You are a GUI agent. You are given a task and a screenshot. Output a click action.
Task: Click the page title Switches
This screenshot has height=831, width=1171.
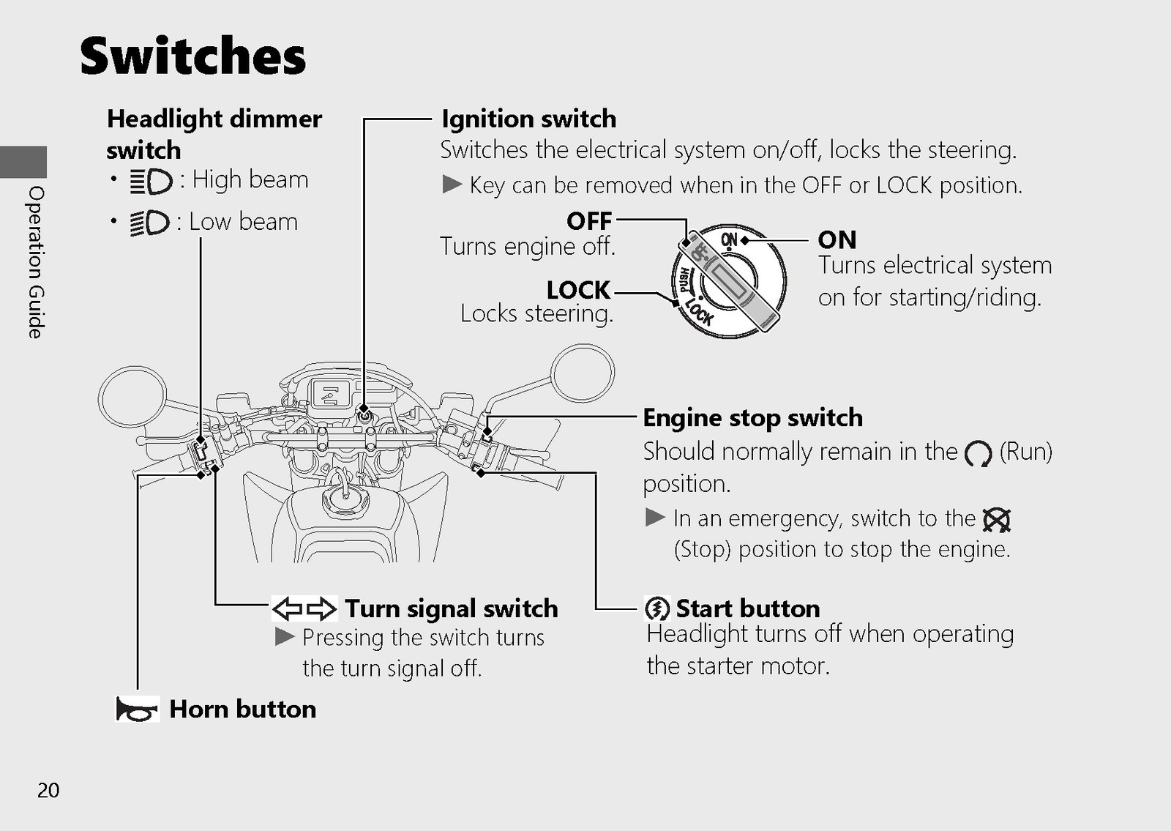193,56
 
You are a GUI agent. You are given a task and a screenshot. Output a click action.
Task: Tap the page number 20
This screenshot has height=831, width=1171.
48,790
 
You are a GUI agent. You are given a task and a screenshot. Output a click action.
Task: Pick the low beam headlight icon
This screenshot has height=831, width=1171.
150,223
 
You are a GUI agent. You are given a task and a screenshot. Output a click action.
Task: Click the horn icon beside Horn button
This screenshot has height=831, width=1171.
137,709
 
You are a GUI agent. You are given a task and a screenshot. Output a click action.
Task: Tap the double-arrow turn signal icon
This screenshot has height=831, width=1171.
304,608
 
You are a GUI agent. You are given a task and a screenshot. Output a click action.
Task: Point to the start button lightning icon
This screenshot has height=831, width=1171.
657,608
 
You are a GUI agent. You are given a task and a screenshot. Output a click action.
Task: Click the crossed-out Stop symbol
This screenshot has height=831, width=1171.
996,520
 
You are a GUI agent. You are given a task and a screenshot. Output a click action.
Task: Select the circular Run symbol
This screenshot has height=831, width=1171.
978,453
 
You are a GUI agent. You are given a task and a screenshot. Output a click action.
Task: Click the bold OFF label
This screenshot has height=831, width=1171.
589,221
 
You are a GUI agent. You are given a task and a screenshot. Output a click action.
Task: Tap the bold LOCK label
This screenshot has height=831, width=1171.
579,290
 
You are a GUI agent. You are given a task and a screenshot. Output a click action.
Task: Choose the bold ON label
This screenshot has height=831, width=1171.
837,240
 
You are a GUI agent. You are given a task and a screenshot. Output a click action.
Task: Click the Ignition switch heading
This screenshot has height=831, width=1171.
529,119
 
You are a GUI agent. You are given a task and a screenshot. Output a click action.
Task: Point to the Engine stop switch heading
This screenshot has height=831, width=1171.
753,418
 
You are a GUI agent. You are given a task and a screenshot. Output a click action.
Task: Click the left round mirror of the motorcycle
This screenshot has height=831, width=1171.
132,399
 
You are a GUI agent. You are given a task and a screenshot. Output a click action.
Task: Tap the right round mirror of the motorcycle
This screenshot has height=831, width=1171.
583,373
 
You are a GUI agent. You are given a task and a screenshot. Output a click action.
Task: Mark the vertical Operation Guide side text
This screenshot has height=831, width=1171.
36,262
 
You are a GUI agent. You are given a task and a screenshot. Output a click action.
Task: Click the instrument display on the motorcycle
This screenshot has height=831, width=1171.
329,392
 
